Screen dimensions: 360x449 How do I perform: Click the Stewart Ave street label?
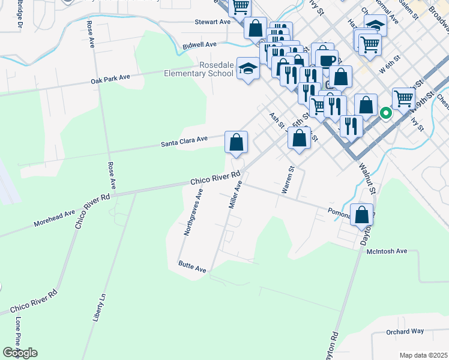[212, 22]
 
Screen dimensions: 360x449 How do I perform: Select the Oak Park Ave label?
[110, 79]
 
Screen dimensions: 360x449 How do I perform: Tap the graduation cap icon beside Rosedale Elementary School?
[247, 69]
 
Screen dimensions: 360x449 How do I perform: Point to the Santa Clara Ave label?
[184, 142]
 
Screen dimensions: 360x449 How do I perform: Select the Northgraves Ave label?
[194, 212]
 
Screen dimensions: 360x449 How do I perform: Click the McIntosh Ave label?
[387, 251]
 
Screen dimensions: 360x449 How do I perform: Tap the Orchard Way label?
[405, 331]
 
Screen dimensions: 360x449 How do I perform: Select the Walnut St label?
[367, 179]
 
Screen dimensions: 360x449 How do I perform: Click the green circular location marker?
[386, 112]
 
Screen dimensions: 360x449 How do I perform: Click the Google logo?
[20, 353]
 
